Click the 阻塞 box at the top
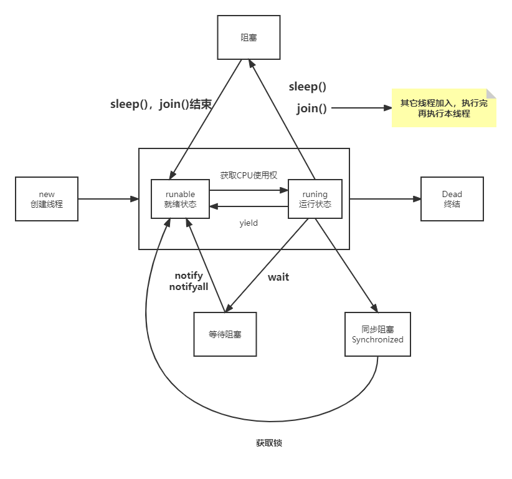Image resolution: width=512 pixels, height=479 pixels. pyautogui.click(x=249, y=37)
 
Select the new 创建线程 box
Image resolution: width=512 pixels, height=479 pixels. pyautogui.click(x=47, y=198)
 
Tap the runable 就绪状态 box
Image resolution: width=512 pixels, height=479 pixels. pyautogui.click(x=180, y=199)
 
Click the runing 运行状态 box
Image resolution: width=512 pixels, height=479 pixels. pyautogui.click(x=315, y=199)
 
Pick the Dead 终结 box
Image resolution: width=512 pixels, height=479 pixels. pyautogui.click(x=452, y=198)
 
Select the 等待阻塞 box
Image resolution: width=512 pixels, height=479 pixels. pyautogui.click(x=224, y=334)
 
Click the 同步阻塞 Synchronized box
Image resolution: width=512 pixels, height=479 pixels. pyautogui.click(x=377, y=334)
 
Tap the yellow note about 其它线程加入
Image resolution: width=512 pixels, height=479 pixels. pyautogui.click(x=443, y=108)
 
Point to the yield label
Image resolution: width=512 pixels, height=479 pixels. pyautogui.click(x=249, y=223)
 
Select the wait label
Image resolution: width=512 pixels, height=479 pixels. pyautogui.click(x=278, y=277)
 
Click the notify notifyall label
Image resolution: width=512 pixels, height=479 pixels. pyautogui.click(x=189, y=281)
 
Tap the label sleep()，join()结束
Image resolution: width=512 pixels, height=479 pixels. pyautogui.click(x=161, y=104)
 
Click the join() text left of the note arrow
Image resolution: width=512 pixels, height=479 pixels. pyautogui.click(x=311, y=109)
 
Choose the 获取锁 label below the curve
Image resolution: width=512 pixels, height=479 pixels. pyautogui.click(x=268, y=443)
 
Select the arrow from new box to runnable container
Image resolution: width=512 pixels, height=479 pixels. pyautogui.click(x=109, y=199)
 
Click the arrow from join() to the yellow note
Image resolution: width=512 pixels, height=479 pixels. pyautogui.click(x=361, y=108)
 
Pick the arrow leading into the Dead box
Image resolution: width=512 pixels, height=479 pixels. pyautogui.click(x=385, y=198)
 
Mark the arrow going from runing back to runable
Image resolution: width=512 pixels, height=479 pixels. pyautogui.click(x=249, y=206)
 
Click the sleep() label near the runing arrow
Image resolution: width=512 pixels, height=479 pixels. pyautogui.click(x=307, y=87)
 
